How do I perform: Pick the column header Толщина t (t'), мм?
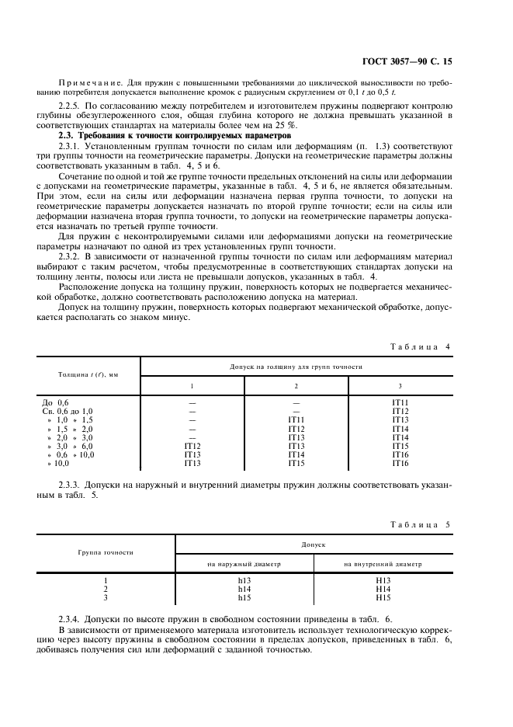tap(88, 374)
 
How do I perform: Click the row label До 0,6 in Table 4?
tap(55, 402)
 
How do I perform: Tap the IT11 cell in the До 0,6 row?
tap(400, 402)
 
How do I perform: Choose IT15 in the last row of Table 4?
tap(296, 463)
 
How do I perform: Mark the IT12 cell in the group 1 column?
tap(192, 446)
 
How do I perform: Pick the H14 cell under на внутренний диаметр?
tap(382, 589)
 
